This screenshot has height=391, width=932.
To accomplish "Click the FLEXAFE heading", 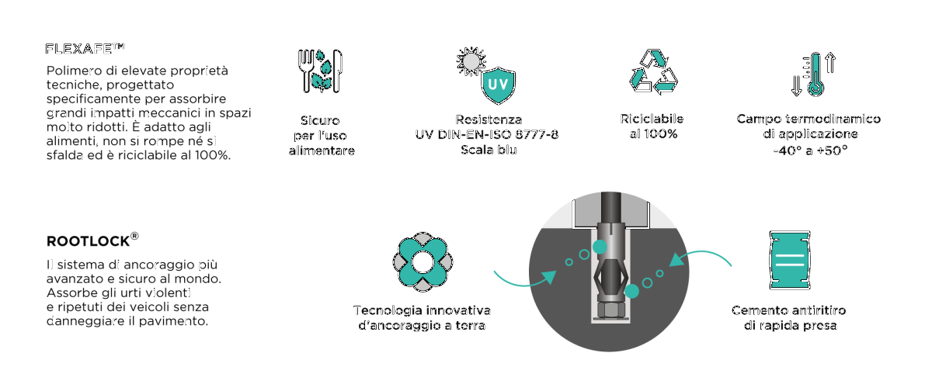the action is pyautogui.click(x=85, y=49).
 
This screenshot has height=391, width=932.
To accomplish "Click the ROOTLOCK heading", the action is pyautogui.click(x=92, y=240).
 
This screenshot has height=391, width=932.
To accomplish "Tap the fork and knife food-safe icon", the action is pyautogui.click(x=320, y=71).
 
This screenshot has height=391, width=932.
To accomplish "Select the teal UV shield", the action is pyautogui.click(x=498, y=85).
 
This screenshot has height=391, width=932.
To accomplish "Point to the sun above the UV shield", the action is pyautogui.click(x=471, y=61).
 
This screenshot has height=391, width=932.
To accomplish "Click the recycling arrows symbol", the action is pyautogui.click(x=653, y=71).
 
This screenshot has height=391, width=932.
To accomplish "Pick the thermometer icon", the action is pyautogui.click(x=815, y=74).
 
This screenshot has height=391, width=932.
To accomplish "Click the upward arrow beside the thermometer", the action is pyautogui.click(x=830, y=62).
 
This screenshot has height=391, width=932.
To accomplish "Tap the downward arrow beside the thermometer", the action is pyautogui.click(x=796, y=86).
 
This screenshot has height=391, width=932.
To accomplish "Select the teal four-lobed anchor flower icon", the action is pyautogui.click(x=423, y=261).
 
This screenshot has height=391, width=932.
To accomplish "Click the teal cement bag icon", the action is pyautogui.click(x=790, y=260).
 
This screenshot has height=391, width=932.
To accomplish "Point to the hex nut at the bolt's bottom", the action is pyautogui.click(x=609, y=309).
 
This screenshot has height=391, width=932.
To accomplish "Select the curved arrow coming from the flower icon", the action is pyautogui.click(x=525, y=281).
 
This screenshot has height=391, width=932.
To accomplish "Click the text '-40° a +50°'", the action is pyautogui.click(x=810, y=151).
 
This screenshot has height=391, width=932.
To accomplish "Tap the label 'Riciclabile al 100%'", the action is pyautogui.click(x=652, y=126).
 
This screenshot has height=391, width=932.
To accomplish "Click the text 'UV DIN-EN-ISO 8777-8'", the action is pyautogui.click(x=487, y=135).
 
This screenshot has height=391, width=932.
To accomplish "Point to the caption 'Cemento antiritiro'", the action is pyautogui.click(x=789, y=310).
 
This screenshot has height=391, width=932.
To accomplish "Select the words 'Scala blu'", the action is pyautogui.click(x=489, y=150).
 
